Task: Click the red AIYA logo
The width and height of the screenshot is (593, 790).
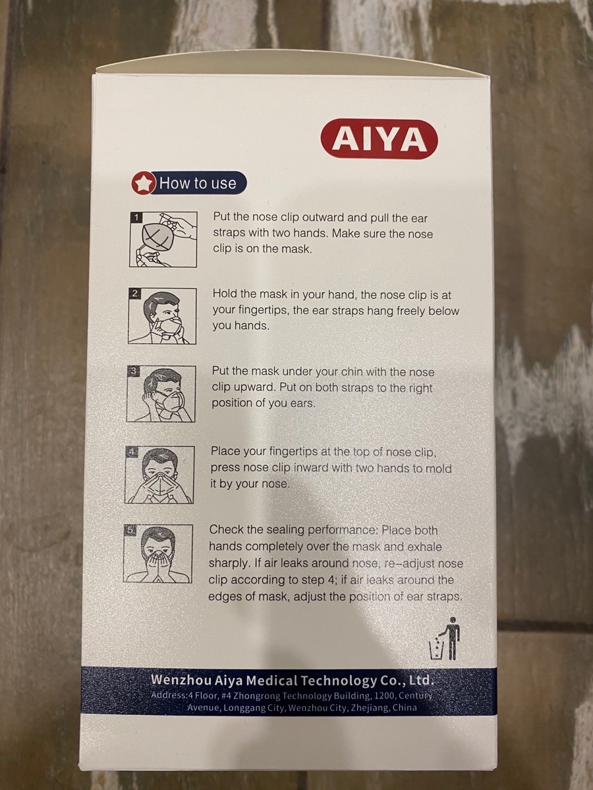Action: click(x=379, y=140)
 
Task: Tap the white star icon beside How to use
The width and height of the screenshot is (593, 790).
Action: click(x=144, y=183)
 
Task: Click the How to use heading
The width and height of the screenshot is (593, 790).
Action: click(x=197, y=183)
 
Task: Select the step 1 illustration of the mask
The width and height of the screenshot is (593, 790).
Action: click(x=163, y=240)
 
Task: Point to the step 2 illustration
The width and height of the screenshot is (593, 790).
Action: click(x=162, y=316)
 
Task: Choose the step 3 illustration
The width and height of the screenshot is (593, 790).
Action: click(x=161, y=394)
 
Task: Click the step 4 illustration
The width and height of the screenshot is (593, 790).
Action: click(x=159, y=475)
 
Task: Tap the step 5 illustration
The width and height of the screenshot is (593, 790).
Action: click(x=158, y=554)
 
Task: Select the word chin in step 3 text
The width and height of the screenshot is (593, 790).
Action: click(x=352, y=372)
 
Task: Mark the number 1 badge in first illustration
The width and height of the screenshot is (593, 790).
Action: click(x=136, y=217)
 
